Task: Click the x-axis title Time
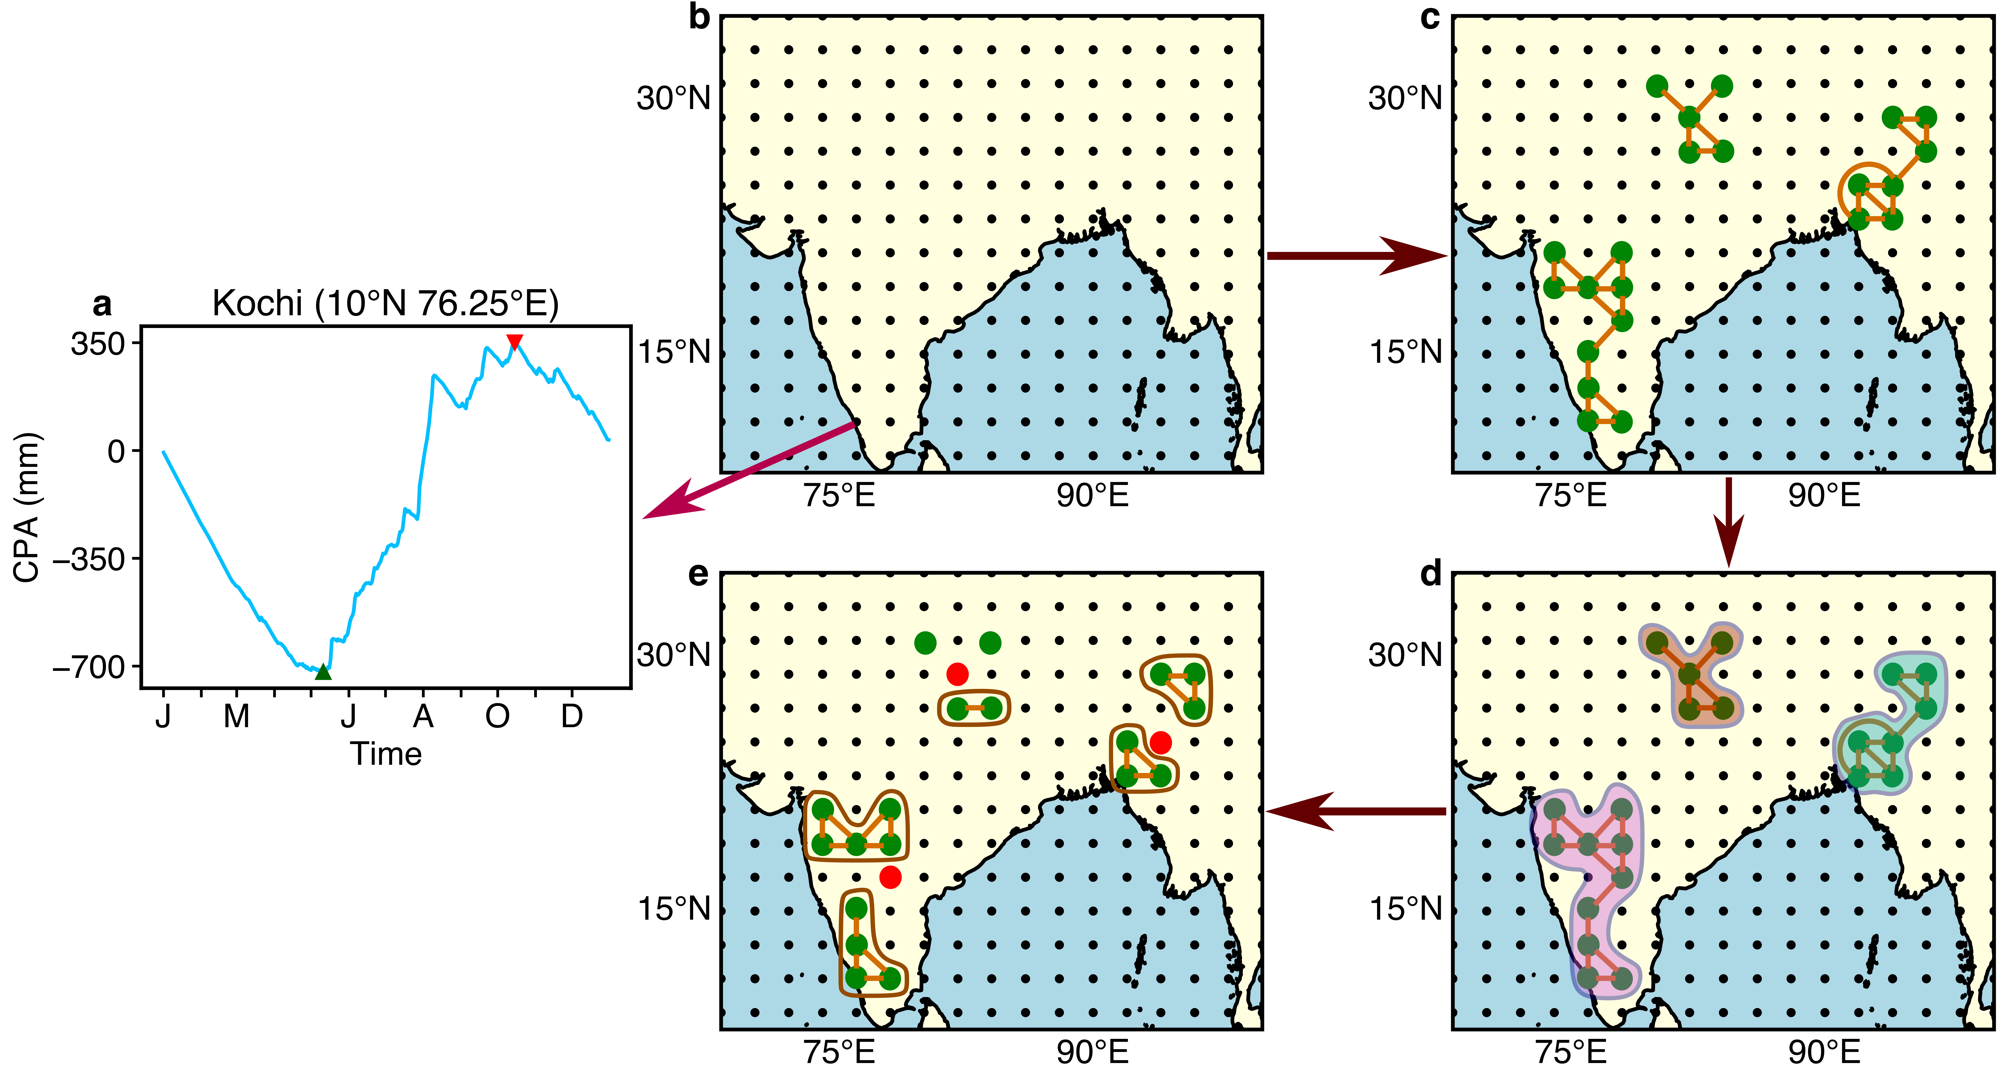[386, 754]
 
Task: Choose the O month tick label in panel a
[497, 716]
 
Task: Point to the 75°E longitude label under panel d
[1571, 1052]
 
